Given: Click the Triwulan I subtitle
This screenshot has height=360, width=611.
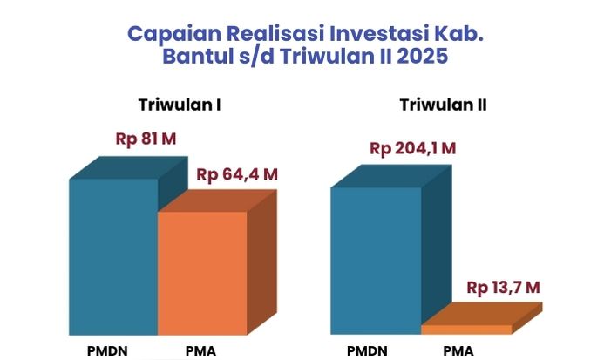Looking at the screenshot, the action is click(x=180, y=105).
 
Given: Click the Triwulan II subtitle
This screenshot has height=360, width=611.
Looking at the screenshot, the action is click(x=443, y=105).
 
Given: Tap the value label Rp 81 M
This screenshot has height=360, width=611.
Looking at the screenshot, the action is click(x=146, y=139).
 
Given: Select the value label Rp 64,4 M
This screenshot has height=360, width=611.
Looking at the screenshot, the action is click(x=237, y=174).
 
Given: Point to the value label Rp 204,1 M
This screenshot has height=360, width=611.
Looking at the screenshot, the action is click(x=412, y=148).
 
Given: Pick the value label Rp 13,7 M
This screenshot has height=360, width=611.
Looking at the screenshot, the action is click(x=503, y=288).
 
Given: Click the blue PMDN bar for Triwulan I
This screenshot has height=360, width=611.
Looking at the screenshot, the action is click(x=114, y=256).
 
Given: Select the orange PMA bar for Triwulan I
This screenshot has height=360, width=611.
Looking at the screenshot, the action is click(x=202, y=273).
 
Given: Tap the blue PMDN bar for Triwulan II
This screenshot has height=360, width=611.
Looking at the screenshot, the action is click(x=376, y=261).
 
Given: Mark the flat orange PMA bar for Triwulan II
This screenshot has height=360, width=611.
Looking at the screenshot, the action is click(x=467, y=329).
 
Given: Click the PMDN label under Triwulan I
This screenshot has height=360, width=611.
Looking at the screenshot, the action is click(x=107, y=351).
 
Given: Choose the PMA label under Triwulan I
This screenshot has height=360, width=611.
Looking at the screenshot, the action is click(x=200, y=351).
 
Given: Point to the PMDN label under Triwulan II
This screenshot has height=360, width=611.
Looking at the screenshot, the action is click(x=367, y=351).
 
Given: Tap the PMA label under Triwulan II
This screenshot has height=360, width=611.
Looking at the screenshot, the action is click(x=458, y=351).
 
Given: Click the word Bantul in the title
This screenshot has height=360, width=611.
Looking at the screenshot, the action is click(x=198, y=56).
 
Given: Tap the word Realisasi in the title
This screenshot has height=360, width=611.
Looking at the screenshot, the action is click(x=275, y=33).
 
